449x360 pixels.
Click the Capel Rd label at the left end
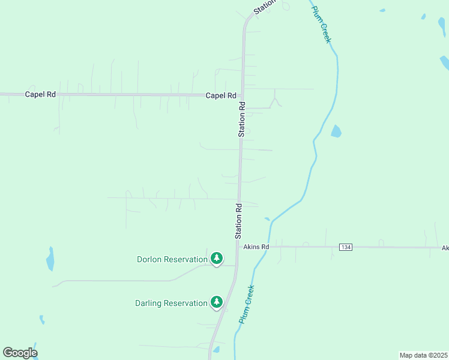(40, 95)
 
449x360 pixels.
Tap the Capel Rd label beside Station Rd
(220, 95)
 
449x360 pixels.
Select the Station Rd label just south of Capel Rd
(242, 119)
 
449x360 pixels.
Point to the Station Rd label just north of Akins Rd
(238, 220)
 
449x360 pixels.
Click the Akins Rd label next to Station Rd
(256, 247)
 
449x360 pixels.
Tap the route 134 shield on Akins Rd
(345, 247)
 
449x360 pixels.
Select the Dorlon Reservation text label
(172, 259)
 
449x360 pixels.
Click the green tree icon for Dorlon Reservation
(217, 259)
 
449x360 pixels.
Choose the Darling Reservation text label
(171, 303)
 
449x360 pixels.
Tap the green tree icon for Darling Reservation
(217, 302)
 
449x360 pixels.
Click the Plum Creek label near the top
(321, 25)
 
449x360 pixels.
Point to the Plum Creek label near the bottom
(246, 304)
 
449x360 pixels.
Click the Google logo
(20, 353)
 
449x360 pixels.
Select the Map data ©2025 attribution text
(423, 355)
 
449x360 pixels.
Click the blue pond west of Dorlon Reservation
(50, 259)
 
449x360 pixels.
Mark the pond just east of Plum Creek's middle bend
(336, 131)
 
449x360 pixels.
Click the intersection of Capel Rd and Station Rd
(242, 95)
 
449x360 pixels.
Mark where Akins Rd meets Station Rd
(237, 247)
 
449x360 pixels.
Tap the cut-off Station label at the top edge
(264, 6)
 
